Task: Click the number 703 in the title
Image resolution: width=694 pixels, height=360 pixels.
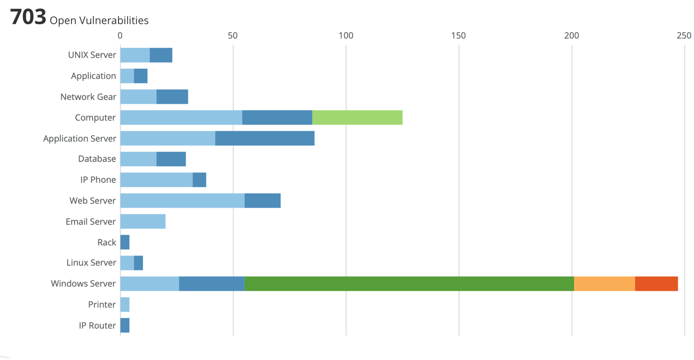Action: [x=28, y=16]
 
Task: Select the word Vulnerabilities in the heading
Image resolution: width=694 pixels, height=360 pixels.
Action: [x=114, y=20]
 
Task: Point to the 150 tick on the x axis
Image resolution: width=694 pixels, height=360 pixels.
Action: [x=459, y=35]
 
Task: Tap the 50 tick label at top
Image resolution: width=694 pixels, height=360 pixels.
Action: [x=232, y=35]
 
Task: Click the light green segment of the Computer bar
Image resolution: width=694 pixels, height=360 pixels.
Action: [x=357, y=117]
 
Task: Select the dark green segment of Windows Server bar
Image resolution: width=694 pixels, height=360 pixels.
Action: [x=409, y=284]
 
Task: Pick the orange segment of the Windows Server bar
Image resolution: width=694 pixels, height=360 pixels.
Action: [x=605, y=284]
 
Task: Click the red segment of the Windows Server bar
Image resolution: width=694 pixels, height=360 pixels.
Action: [x=657, y=284]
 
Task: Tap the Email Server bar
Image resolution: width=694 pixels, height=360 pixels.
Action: [x=143, y=222]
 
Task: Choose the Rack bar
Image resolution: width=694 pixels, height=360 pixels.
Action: [x=125, y=242]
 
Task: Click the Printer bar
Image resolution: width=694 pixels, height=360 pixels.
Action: [x=125, y=305]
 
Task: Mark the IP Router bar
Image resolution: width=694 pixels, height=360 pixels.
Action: [x=125, y=325]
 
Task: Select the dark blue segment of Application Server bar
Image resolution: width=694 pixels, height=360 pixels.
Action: [x=265, y=138]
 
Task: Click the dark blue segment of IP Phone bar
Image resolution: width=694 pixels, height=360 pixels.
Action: [x=199, y=180]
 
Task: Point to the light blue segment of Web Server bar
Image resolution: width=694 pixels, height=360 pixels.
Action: [x=182, y=200]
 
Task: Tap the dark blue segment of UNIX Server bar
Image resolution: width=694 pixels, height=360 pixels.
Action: [x=161, y=55]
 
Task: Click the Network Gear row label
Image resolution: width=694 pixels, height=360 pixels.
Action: [x=88, y=97]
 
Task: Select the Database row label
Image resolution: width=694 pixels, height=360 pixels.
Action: [x=97, y=159]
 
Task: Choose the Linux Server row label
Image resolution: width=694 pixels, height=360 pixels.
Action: [x=91, y=262]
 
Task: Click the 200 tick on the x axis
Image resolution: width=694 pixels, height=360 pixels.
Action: [x=572, y=35]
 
